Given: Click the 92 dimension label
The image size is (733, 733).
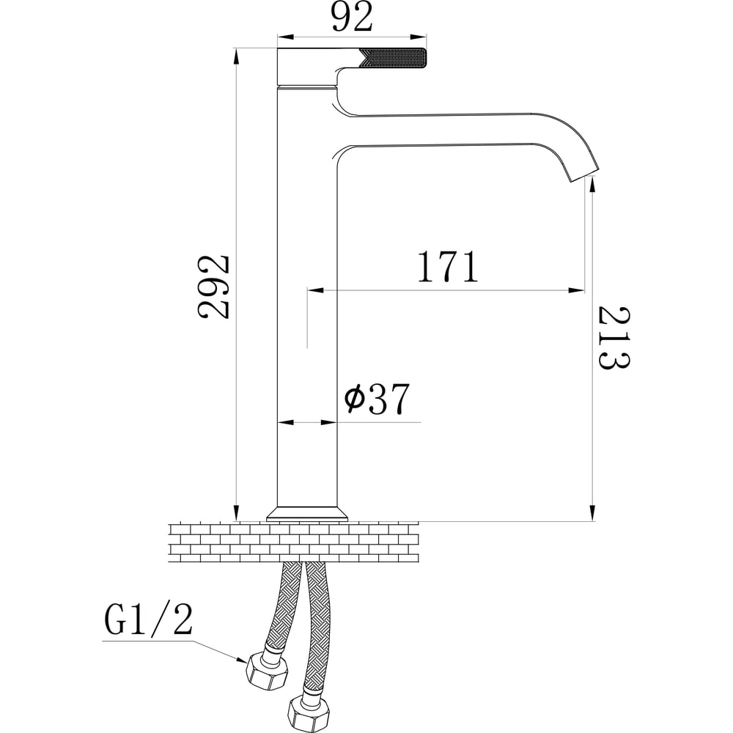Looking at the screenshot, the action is pos(353,16).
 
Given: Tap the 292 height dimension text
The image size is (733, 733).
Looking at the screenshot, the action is pos(213,287).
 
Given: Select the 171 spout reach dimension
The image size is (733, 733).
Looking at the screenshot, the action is pos(448,267).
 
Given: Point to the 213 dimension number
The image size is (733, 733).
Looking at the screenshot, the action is pos(614,337).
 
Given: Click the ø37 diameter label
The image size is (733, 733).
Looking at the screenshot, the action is pos(377,399).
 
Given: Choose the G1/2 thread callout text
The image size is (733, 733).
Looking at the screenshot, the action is pos(148,620).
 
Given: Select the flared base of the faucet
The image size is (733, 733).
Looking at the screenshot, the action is pos(307,513).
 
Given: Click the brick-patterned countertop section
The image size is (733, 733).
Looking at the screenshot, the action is pos(294,542).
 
